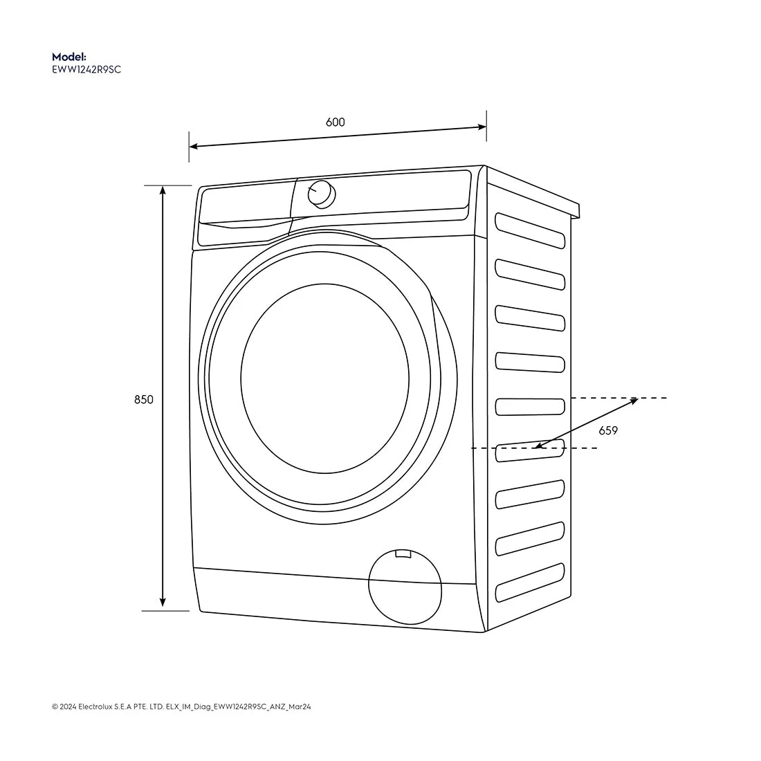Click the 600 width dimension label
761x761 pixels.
pyautogui.click(x=335, y=122)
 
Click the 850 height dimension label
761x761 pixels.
pyautogui.click(x=144, y=399)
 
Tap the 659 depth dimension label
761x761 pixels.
pyautogui.click(x=608, y=430)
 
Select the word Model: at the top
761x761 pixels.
pyautogui.click(x=69, y=57)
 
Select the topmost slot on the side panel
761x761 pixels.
pyautogui.click(x=530, y=230)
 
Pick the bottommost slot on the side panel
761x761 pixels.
pyautogui.click(x=530, y=582)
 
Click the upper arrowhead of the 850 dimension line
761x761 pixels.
pyautogui.click(x=163, y=190)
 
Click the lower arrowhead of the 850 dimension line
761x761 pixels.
pyautogui.click(x=163, y=603)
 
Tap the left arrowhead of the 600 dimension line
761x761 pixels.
pyautogui.click(x=194, y=146)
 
